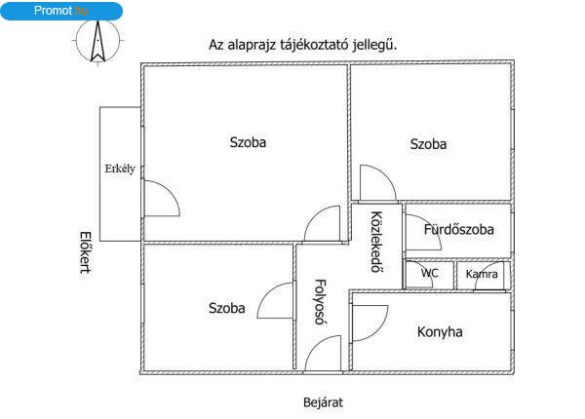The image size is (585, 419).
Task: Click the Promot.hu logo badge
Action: pos(61,11)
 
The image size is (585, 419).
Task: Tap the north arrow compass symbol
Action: pos(97,41)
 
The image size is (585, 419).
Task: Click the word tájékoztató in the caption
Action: pos(313,45)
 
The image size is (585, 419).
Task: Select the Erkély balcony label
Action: pos(120,169)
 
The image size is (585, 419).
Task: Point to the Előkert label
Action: pos(86,252)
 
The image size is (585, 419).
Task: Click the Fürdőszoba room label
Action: pos(459,229)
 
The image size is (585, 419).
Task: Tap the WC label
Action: pos(429,273)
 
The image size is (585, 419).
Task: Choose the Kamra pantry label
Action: pos(482,275)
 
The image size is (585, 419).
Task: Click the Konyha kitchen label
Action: pos(440,331)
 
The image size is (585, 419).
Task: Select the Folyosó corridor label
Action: pos(321,302)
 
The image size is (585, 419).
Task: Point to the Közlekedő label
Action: pos(376,242)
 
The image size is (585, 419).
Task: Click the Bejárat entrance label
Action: pos(323,402)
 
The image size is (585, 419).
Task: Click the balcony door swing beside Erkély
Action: pos(172,191)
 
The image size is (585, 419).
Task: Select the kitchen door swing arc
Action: pos(380,331)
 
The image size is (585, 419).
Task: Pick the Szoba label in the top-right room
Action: pos(428,144)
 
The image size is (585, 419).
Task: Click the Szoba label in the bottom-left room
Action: pos(227,308)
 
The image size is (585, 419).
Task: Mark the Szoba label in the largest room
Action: pos(248,142)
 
